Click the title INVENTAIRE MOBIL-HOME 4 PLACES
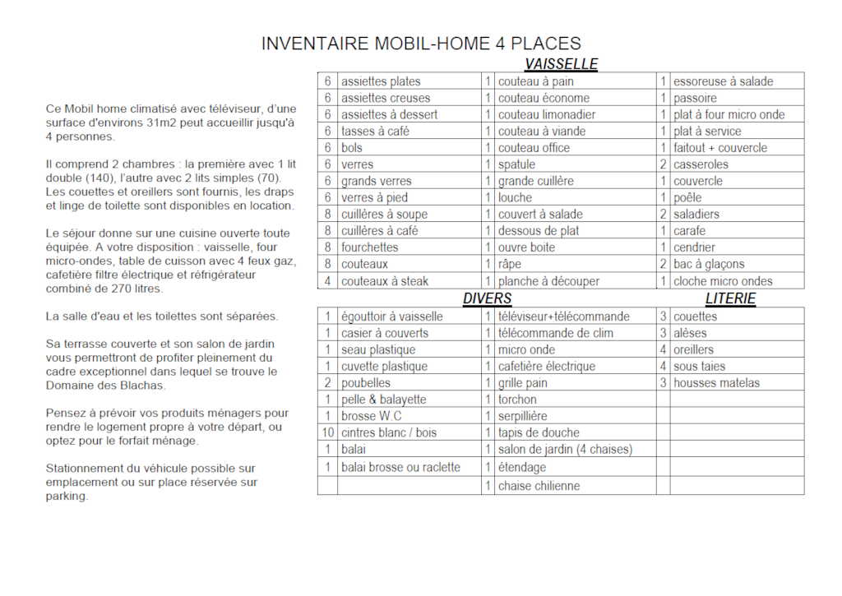pyautogui.click(x=421, y=44)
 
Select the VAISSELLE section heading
pyautogui.click(x=561, y=64)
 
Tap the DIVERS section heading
pyautogui.click(x=487, y=298)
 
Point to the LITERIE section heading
pyautogui.click(x=730, y=298)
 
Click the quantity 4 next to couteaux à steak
pyautogui.click(x=327, y=281)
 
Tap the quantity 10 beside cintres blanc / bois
pyautogui.click(x=327, y=432)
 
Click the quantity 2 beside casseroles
pyautogui.click(x=663, y=164)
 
